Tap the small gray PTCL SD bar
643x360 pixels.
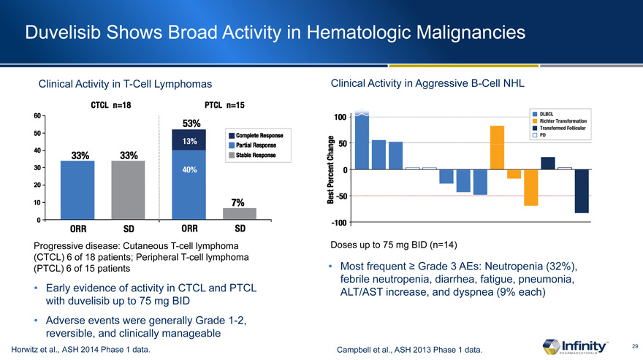pos(239,213)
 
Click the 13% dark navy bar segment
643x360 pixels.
pos(189,141)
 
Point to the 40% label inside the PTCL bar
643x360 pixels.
pos(189,170)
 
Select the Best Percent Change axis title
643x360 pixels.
pos(332,170)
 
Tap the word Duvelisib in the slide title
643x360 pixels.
pos(61,32)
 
